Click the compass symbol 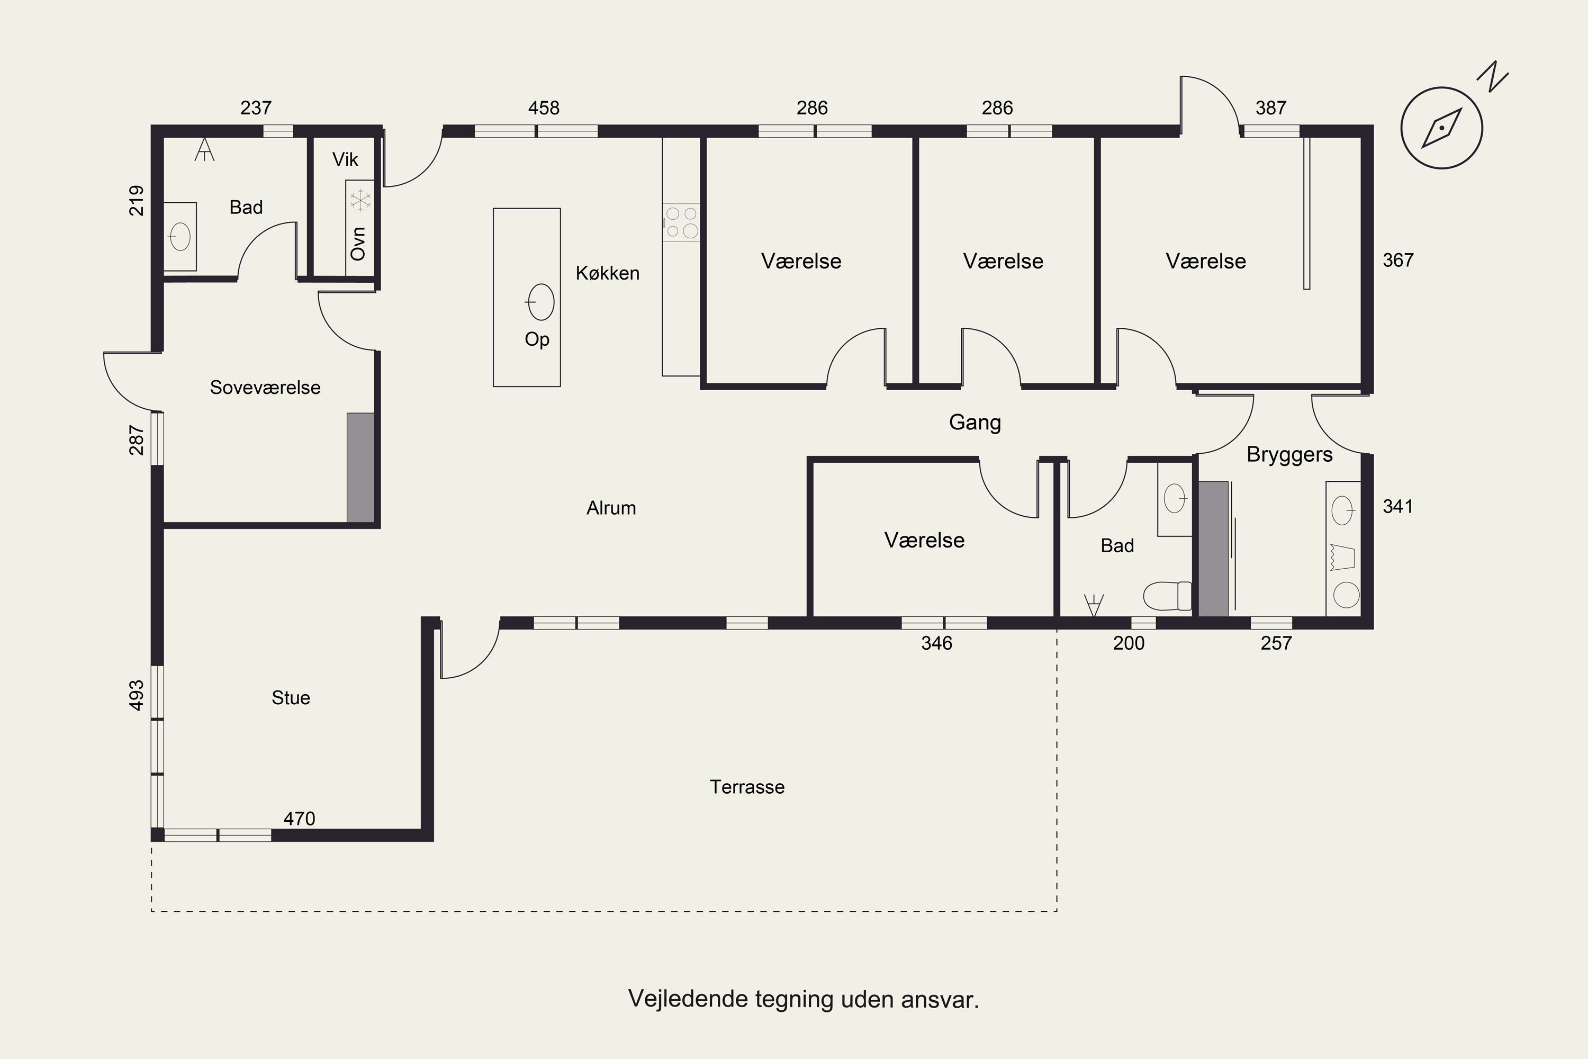pos(1441,128)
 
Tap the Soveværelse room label pos(265,388)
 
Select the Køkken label pos(608,273)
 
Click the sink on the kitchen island pos(540,302)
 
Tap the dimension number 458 pos(544,108)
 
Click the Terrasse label pos(747,787)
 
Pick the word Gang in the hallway pos(975,423)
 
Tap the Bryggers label pos(1289,454)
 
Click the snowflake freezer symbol pos(360,200)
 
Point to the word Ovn pos(358,244)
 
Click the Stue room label pos(291,698)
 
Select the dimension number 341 pos(1397,507)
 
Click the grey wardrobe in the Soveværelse pos(360,468)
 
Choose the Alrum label pos(611,508)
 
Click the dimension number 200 pos(1129,643)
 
